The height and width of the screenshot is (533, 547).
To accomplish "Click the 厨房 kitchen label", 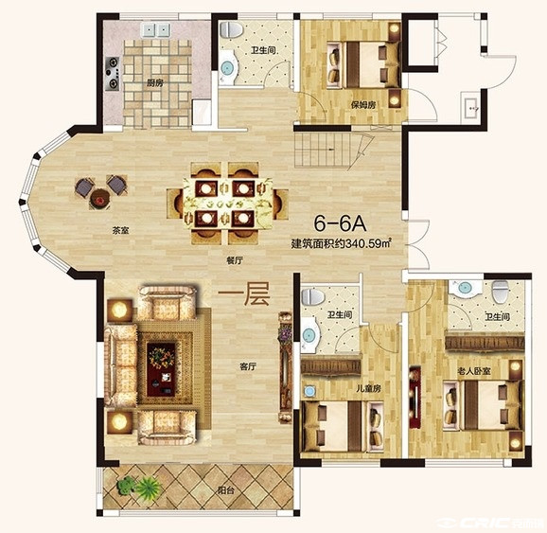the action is pyautogui.click(x=155, y=83).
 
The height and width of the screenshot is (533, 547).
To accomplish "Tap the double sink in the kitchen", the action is pyautogui.click(x=155, y=29).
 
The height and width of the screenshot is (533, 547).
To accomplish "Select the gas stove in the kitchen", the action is pyautogui.click(x=113, y=74).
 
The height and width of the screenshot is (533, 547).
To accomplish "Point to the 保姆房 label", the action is pyautogui.click(x=363, y=105).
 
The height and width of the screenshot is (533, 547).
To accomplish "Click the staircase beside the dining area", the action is pyautogui.click(x=329, y=151).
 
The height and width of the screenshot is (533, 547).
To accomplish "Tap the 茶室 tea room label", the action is pyautogui.click(x=121, y=230).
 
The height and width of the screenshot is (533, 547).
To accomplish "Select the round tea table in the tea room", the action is pyautogui.click(x=100, y=200).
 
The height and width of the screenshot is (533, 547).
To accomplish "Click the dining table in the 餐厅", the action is pyautogui.click(x=228, y=203).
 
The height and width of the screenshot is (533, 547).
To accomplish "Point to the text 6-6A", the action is pyautogui.click(x=340, y=223).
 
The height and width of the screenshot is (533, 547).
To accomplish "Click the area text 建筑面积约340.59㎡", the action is pyautogui.click(x=341, y=243).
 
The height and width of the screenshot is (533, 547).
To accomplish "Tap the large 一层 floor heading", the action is pyautogui.click(x=244, y=295).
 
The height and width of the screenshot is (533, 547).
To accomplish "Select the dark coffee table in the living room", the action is pyautogui.click(x=161, y=369).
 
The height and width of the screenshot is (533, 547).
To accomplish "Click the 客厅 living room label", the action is pyautogui.click(x=248, y=366).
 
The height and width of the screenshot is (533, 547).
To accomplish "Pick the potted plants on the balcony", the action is pyautogui.click(x=139, y=486).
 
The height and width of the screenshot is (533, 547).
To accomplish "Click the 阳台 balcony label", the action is pyautogui.click(x=225, y=490).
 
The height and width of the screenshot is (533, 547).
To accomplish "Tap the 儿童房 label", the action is pyautogui.click(x=368, y=388).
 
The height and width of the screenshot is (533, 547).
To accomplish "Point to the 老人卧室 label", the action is pyautogui.click(x=474, y=371).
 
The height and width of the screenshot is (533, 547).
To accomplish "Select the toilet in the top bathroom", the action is pyautogui.click(x=231, y=29).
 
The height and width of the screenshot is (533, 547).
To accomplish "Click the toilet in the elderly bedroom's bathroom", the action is pyautogui.click(x=501, y=292).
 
